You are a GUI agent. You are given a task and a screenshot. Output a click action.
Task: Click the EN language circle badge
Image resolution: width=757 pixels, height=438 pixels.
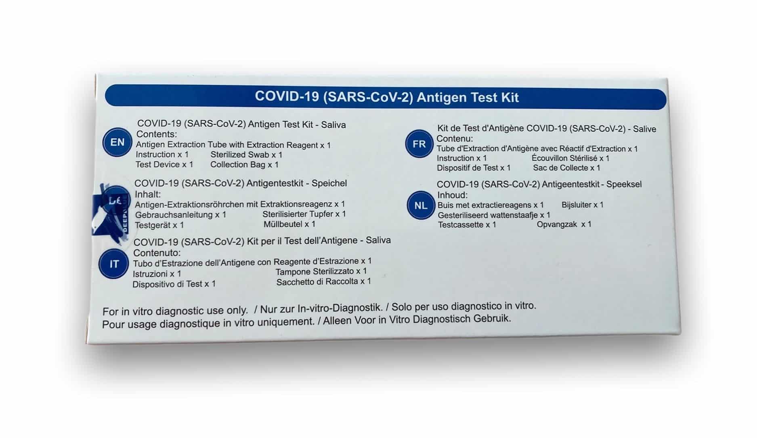117,142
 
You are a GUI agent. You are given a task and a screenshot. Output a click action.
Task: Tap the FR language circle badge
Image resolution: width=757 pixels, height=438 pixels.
419,144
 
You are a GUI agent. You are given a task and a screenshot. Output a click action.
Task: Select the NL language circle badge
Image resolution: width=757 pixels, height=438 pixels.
421,205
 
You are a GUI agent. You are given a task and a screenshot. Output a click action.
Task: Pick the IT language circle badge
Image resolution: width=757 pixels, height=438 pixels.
114,264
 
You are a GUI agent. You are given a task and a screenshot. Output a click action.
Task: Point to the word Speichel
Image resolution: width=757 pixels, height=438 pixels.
329,183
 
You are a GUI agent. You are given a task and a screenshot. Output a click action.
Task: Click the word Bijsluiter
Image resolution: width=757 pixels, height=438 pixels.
576,205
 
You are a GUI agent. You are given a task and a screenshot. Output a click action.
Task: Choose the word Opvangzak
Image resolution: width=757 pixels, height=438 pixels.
557,224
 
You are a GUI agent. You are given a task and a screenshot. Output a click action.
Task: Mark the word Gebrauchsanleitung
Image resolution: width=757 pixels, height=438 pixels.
174,215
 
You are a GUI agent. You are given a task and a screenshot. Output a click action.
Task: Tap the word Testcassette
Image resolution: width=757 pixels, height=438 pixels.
461,225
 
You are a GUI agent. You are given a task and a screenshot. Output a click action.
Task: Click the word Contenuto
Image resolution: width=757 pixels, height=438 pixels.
157,253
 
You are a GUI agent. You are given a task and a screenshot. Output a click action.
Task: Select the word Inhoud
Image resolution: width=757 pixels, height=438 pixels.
452,195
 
